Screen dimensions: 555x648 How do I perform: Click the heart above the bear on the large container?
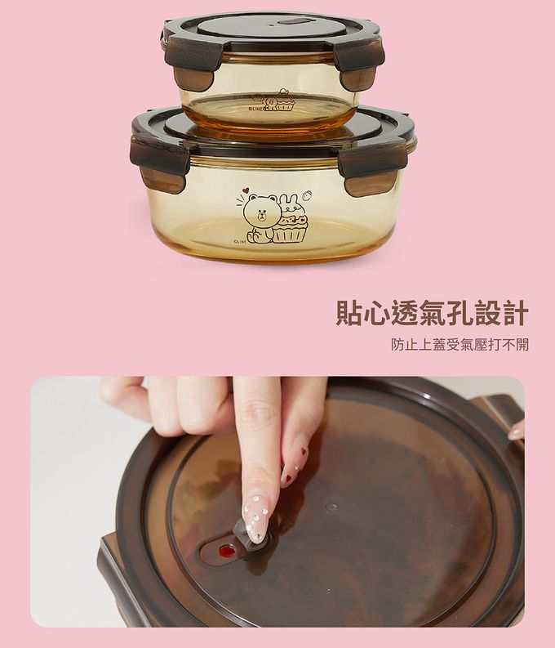pos(246,191)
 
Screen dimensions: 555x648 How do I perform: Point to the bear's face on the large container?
pos(260,212)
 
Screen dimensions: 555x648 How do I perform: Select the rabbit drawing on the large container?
pos(291,205)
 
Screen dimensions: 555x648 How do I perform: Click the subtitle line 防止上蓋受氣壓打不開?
pos(460,344)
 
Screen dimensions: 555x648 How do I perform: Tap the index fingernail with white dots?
pos(255,516)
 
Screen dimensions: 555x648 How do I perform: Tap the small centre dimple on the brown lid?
pos(331,507)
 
